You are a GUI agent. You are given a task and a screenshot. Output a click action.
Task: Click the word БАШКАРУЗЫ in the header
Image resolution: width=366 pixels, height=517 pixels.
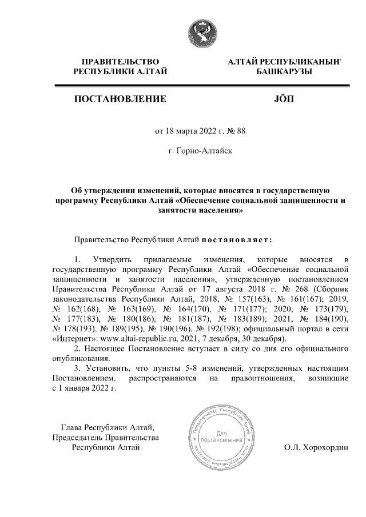click(280, 71)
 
